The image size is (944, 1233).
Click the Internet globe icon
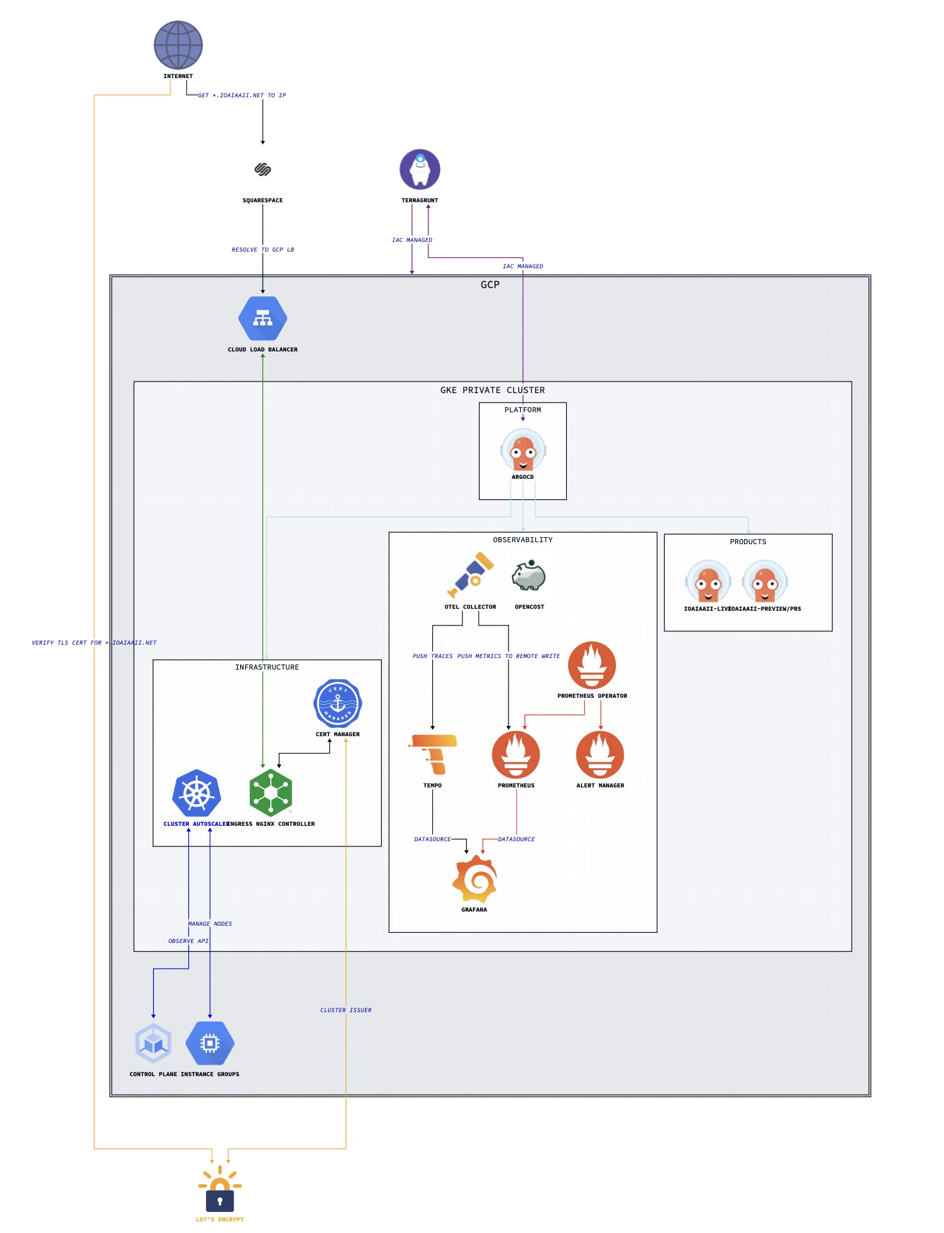click(178, 45)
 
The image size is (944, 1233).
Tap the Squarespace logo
click(263, 169)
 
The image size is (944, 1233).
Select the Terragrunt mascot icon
click(419, 169)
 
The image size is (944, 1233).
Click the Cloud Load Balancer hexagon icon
click(263, 318)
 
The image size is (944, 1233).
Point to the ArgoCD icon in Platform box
click(523, 451)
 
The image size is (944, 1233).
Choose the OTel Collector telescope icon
click(471, 575)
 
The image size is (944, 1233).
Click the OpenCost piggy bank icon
click(529, 576)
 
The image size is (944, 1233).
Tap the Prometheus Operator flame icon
click(592, 665)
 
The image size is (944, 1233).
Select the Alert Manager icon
click(600, 755)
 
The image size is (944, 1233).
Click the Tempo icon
click(434, 754)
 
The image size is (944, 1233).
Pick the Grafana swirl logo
click(475, 878)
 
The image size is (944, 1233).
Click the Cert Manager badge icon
click(338, 703)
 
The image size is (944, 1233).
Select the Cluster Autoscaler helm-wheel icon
click(197, 793)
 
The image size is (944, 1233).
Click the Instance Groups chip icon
click(210, 1044)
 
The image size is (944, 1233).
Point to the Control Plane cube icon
click(153, 1044)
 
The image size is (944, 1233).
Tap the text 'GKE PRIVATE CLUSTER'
click(492, 390)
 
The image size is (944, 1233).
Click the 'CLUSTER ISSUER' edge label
click(346, 1010)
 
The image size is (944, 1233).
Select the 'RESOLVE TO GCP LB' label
click(263, 250)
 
